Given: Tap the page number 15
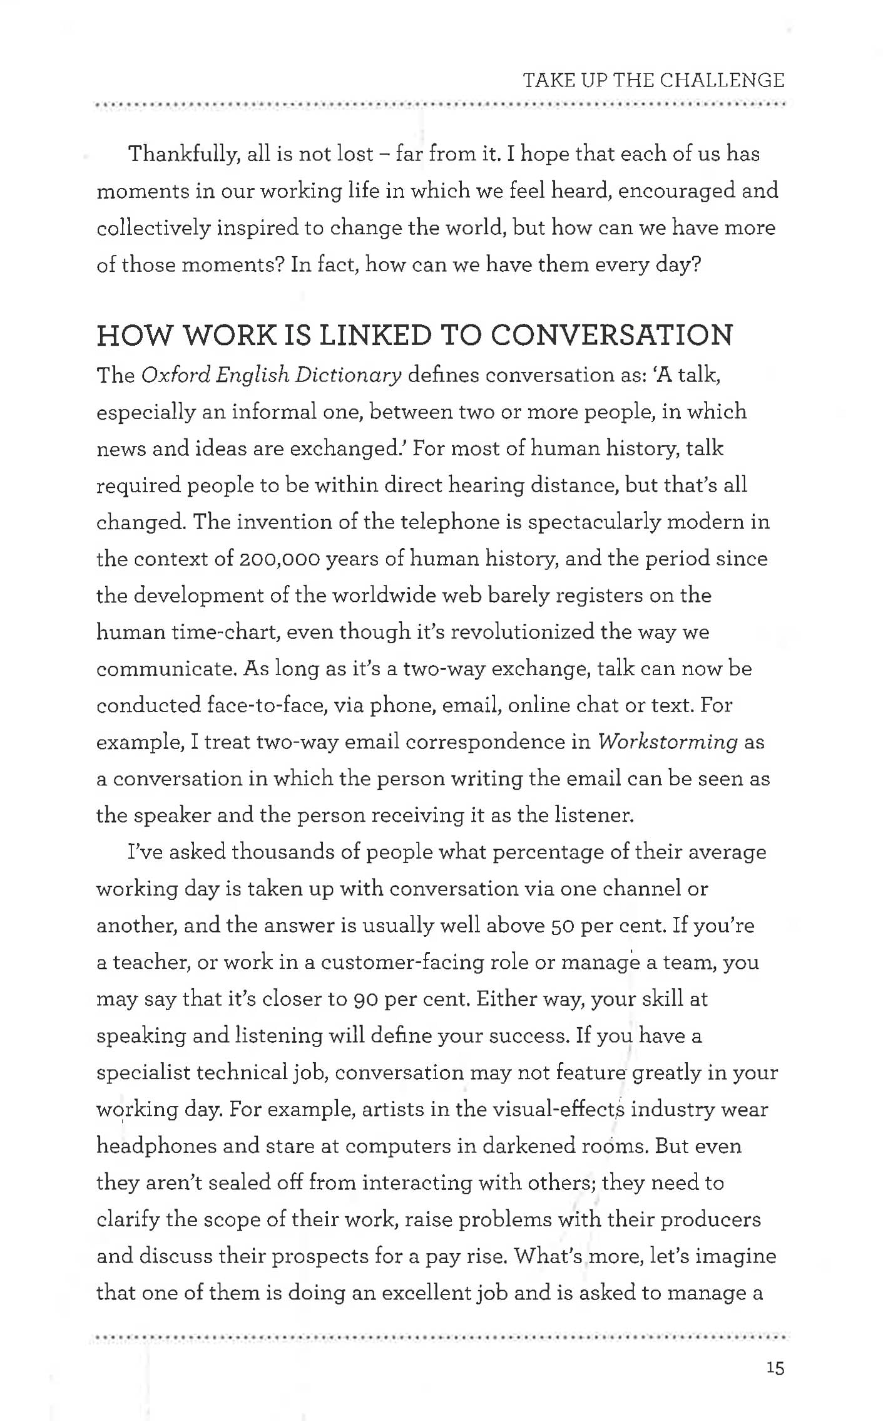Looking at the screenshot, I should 774,1368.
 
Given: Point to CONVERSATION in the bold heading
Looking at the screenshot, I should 611,336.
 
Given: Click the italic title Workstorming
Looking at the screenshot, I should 668,742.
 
